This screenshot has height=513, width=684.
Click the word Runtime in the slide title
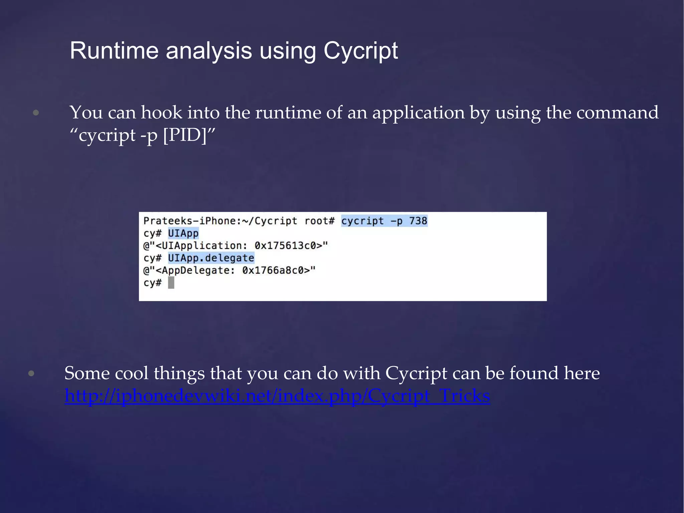click(x=114, y=51)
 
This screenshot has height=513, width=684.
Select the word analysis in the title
click(x=209, y=51)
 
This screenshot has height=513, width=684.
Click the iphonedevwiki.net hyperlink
click(x=277, y=396)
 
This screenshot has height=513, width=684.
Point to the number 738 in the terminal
click(x=418, y=221)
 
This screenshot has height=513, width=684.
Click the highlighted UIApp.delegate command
click(x=211, y=258)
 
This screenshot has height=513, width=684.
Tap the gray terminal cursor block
click(x=171, y=283)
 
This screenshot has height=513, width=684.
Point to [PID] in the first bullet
click(x=185, y=136)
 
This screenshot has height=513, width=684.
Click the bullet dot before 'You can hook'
click(x=36, y=113)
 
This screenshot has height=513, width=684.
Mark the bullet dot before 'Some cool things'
click(x=31, y=373)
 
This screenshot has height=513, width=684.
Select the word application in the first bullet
click(x=418, y=113)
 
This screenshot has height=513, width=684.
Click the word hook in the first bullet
click(x=162, y=113)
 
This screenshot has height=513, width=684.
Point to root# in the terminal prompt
click(x=319, y=221)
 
